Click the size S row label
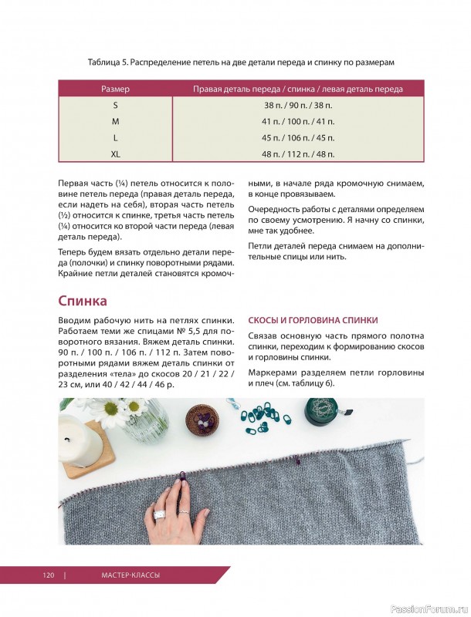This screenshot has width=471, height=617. tap(115, 105)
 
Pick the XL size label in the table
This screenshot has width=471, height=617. tap(115, 154)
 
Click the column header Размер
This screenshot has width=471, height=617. tap(115, 89)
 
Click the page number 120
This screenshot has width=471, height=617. tap(49, 575)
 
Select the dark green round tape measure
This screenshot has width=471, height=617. tap(324, 411)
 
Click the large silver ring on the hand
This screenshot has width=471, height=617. tap(159, 513)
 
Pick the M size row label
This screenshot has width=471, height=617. tap(115, 121)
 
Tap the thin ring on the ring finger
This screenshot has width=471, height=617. tap(183, 510)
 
